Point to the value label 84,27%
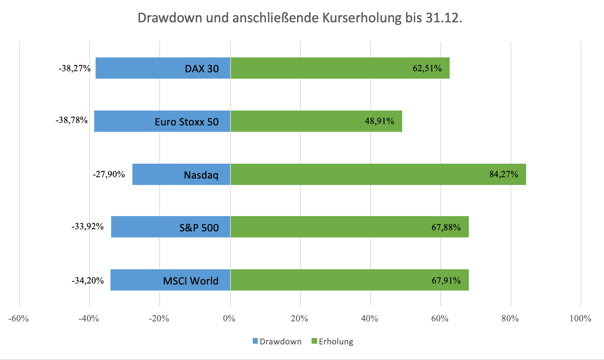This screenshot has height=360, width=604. pyautogui.click(x=503, y=174)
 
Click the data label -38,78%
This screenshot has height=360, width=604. pyautogui.click(x=72, y=120)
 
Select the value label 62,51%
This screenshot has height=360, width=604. pyautogui.click(x=427, y=68)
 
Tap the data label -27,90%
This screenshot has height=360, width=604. pyautogui.click(x=109, y=174)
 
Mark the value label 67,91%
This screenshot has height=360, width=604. pyautogui.click(x=446, y=281)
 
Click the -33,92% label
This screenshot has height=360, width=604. pyautogui.click(x=87, y=226)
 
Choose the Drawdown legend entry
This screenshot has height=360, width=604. pyautogui.click(x=277, y=342)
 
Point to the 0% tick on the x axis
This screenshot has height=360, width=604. pyautogui.click(x=229, y=319)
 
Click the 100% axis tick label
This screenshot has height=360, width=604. pyautogui.click(x=580, y=319)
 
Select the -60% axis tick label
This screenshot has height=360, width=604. pyautogui.click(x=18, y=319)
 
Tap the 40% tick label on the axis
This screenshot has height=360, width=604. pyautogui.click(x=369, y=319)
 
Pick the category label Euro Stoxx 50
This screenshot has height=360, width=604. pyautogui.click(x=187, y=122)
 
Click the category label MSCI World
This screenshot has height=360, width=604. pyautogui.click(x=190, y=281)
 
